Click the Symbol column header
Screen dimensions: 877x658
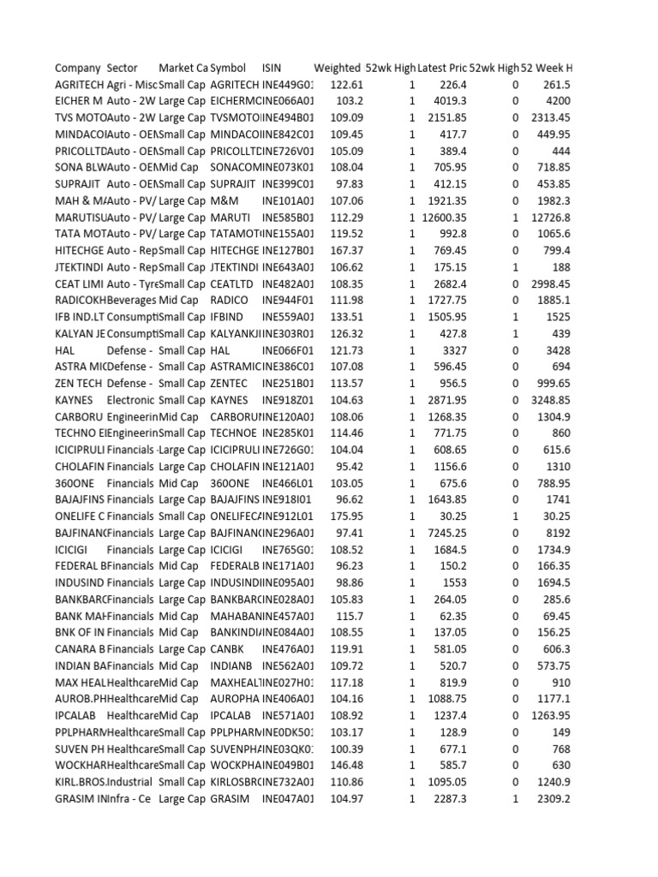(228, 68)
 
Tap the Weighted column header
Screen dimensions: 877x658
(338, 68)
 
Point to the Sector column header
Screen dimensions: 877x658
(123, 68)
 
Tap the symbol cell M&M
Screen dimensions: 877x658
(224, 200)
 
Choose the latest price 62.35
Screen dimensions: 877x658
(452, 615)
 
